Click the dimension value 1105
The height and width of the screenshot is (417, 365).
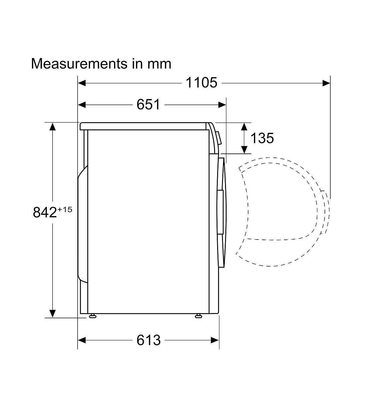(x=201, y=83)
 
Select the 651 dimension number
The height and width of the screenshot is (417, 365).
(x=148, y=105)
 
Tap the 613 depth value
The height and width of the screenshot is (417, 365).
(x=148, y=340)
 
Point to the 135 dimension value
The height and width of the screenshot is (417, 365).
(x=262, y=138)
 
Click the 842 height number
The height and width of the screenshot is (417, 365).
(x=45, y=212)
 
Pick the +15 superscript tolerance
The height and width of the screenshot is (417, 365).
(x=65, y=209)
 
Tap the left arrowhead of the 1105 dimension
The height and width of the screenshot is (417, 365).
(x=82, y=83)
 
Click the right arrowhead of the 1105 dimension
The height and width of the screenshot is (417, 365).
(x=326, y=83)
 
